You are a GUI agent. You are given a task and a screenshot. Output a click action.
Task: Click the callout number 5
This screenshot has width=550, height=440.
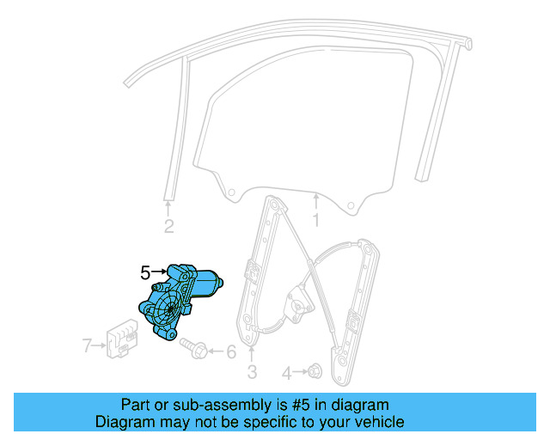(x=145, y=273)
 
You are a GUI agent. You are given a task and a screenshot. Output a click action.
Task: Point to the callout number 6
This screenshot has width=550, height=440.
(x=229, y=351)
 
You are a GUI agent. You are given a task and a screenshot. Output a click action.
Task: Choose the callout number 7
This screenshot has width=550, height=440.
(x=87, y=346)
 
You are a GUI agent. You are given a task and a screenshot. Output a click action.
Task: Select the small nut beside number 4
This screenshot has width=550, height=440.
(x=315, y=372)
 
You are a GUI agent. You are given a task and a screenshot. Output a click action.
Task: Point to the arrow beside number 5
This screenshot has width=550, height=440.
(x=160, y=273)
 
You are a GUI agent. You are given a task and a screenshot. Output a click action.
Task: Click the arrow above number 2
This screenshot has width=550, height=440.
(x=168, y=205)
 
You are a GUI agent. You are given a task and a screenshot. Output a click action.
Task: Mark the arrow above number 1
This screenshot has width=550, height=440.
(x=315, y=202)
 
